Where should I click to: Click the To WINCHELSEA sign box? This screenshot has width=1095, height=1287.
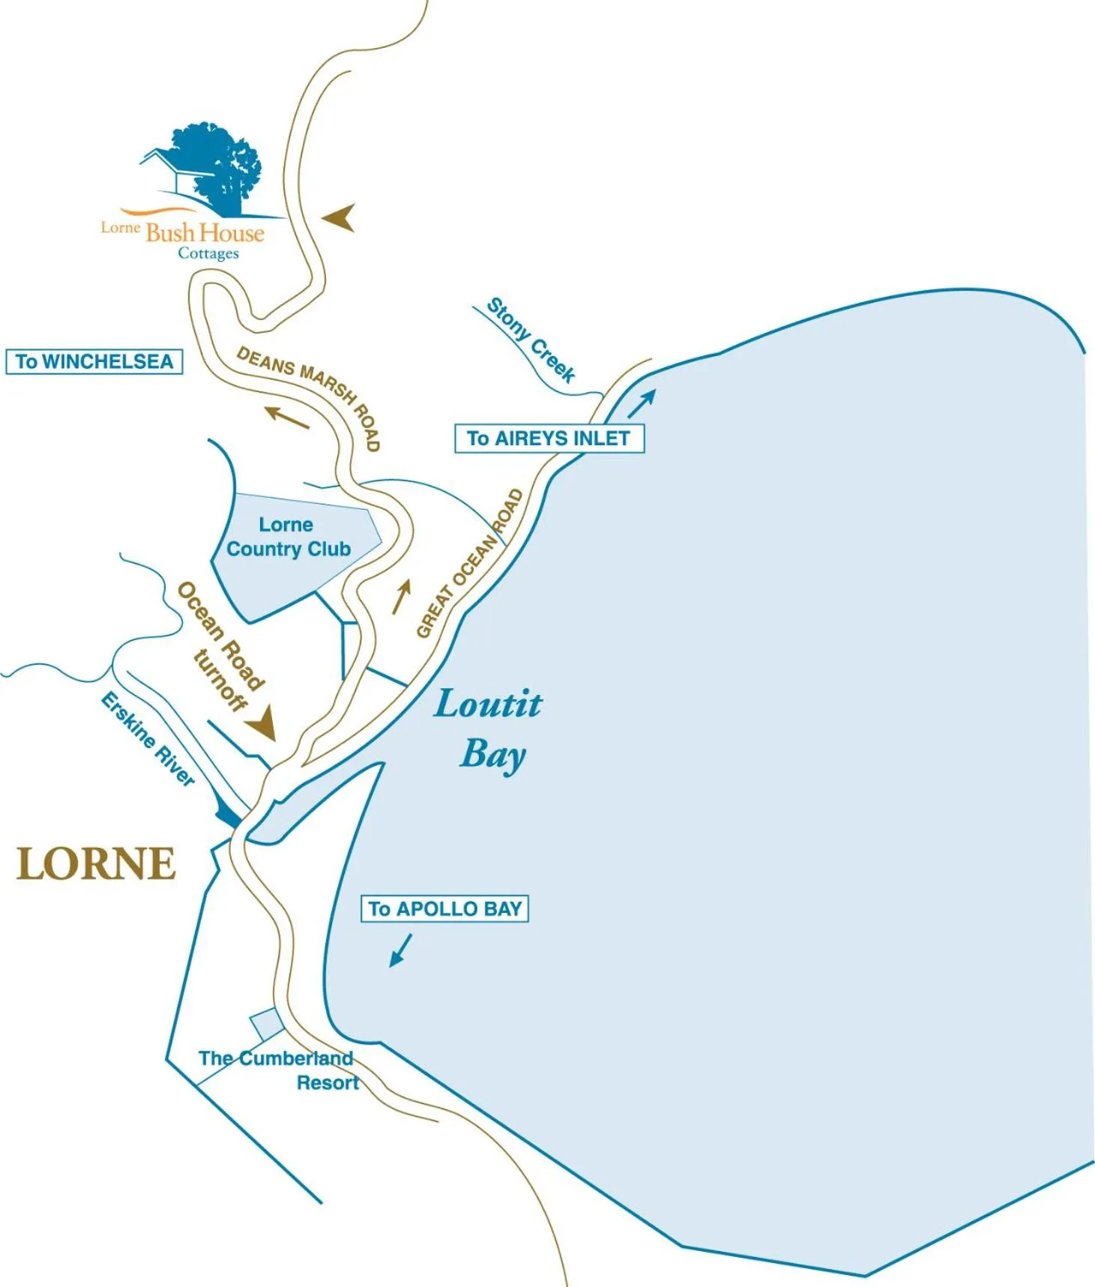coord(94,361)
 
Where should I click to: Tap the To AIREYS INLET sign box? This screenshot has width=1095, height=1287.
coord(549,438)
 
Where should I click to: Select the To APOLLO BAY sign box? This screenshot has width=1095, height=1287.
coord(444,908)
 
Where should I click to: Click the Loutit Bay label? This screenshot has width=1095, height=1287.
coord(489,728)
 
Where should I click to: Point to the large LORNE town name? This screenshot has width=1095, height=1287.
coord(96,863)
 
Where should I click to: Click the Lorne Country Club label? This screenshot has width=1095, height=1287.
coord(288,537)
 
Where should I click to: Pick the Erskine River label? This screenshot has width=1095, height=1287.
coord(148,738)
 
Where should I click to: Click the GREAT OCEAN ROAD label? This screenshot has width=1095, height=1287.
coord(470,564)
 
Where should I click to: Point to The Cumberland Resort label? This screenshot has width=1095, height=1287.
coord(277,1070)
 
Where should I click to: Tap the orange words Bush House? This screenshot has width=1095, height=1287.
coord(205,232)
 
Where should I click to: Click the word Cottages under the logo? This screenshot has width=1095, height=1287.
coord(208,253)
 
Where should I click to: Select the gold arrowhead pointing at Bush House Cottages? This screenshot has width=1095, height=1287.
coord(340,218)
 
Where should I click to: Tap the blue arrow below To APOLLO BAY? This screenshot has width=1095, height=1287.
coord(400,950)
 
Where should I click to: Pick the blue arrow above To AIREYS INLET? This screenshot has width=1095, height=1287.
coord(642,403)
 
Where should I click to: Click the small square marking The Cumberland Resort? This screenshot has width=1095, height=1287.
coord(266,1023)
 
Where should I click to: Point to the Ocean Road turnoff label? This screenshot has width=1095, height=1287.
coord(220,646)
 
